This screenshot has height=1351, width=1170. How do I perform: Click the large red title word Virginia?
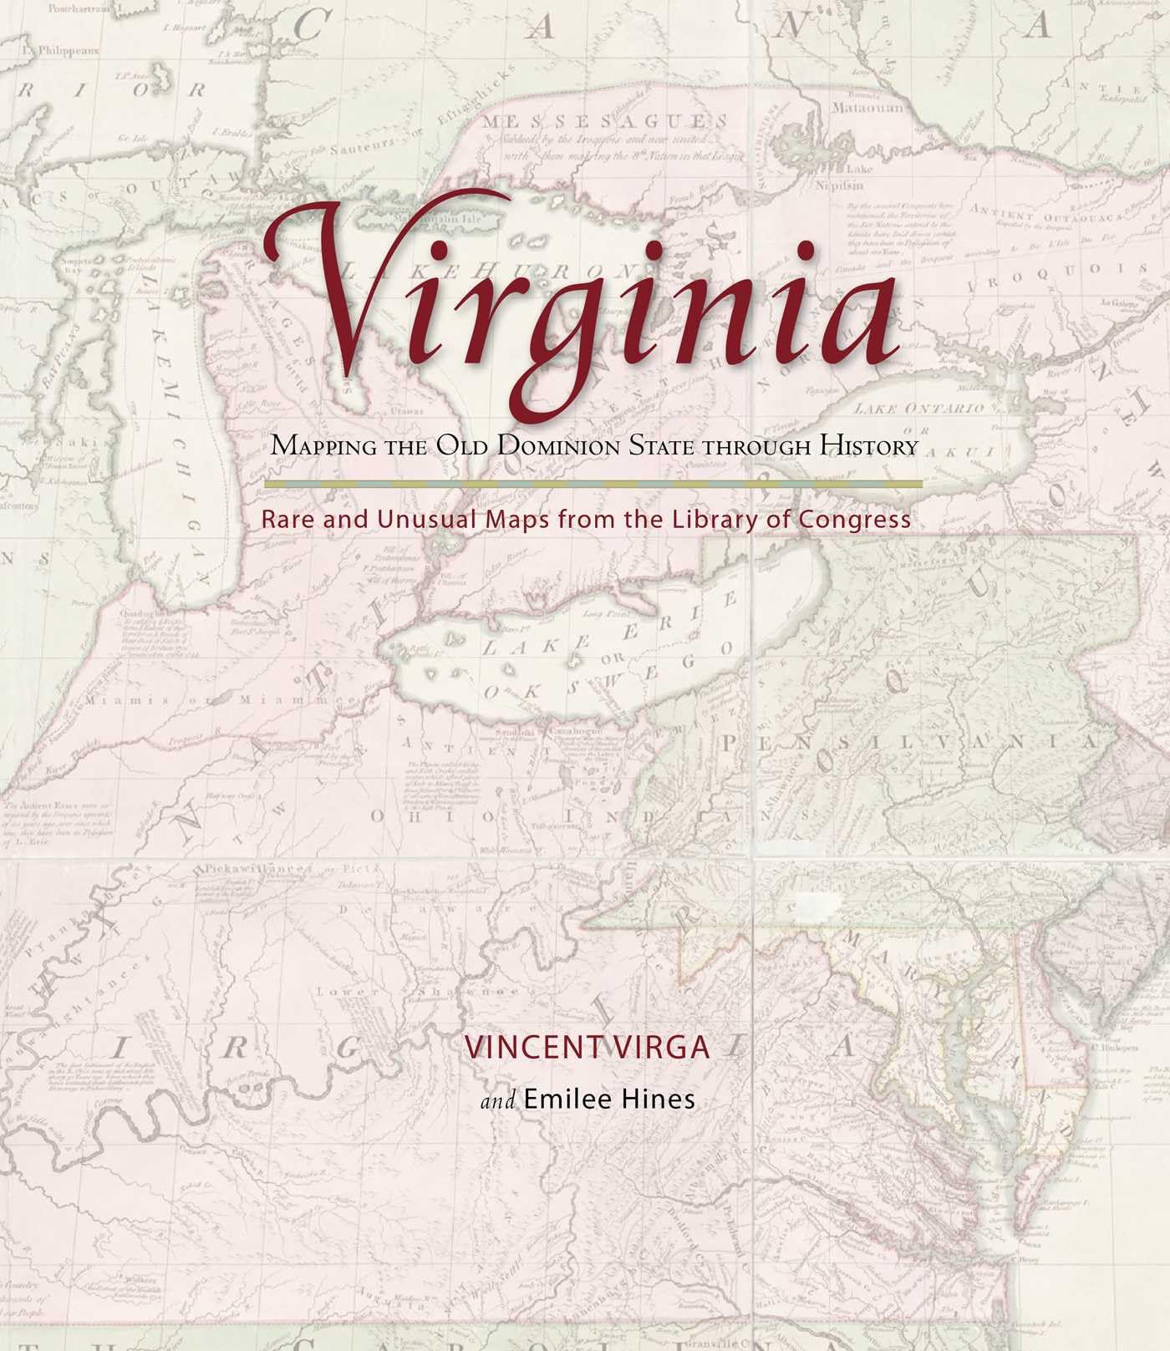point(577,309)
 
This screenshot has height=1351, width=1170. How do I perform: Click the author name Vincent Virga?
point(587,1048)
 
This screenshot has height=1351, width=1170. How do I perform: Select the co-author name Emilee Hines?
point(609,1100)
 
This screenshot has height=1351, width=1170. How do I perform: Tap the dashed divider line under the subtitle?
point(593,484)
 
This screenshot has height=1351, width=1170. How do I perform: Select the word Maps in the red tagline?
point(521,520)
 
